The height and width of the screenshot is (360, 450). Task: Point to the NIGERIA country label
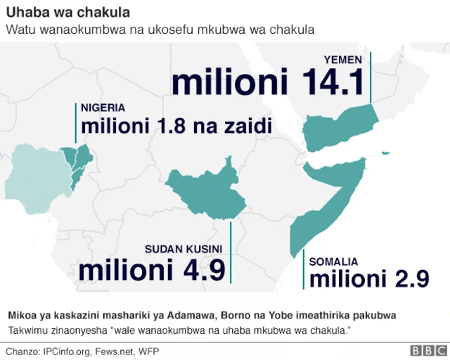pos(103,108)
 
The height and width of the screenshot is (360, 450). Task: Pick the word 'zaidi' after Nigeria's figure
pos(247,127)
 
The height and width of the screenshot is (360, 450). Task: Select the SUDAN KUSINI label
pos(183,249)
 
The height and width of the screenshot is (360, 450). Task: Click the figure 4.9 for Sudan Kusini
pos(200,269)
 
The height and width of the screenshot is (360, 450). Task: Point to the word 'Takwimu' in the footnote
pos(29,330)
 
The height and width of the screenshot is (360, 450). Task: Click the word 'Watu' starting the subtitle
pos(19,30)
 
